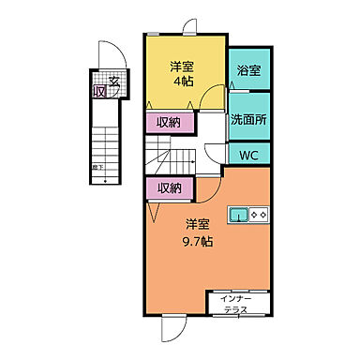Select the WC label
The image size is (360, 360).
[248, 154]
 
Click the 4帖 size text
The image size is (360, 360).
[182, 81]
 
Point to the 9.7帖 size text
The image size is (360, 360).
[197, 240]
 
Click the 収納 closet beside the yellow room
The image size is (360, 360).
[170, 122]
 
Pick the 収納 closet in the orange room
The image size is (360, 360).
[170, 188]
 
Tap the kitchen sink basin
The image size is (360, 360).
[239, 213]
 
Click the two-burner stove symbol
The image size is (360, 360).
[260, 213]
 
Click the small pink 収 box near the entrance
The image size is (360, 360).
[98, 91]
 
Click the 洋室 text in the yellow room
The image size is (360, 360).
[182, 66]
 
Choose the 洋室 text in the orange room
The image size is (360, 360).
[197, 225]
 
